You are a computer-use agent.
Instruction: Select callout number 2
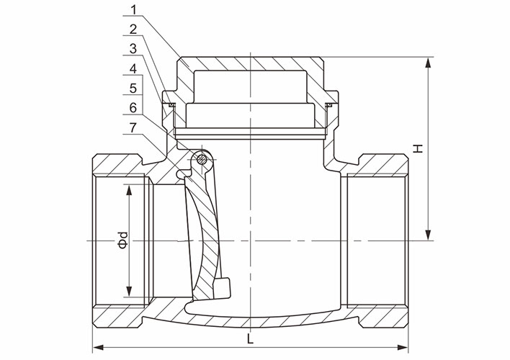click(134, 30)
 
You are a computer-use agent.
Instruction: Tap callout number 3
click(134, 50)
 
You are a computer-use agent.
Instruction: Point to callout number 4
click(134, 69)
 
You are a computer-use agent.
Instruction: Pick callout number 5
click(134, 88)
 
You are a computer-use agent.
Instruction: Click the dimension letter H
click(417, 149)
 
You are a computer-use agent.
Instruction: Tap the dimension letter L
click(250, 337)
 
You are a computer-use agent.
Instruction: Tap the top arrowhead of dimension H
click(429, 60)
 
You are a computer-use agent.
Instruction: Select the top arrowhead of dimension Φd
click(130, 189)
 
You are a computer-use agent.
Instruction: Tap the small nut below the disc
click(223, 286)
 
